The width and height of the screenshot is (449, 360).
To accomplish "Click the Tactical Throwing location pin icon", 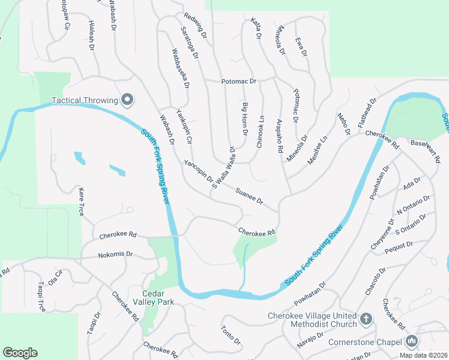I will [x=127, y=100].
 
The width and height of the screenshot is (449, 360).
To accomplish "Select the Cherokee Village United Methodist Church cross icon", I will [x=366, y=320].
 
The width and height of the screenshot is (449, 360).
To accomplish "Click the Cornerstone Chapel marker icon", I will [x=411, y=341].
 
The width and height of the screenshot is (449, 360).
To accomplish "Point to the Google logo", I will [x=20, y=353].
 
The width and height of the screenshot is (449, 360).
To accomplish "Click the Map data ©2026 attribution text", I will [x=423, y=355].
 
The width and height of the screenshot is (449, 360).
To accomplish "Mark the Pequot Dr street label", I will [x=401, y=245].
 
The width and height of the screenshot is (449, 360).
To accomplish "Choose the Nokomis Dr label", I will [x=115, y=254].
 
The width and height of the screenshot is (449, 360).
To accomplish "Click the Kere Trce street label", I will [x=82, y=201].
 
